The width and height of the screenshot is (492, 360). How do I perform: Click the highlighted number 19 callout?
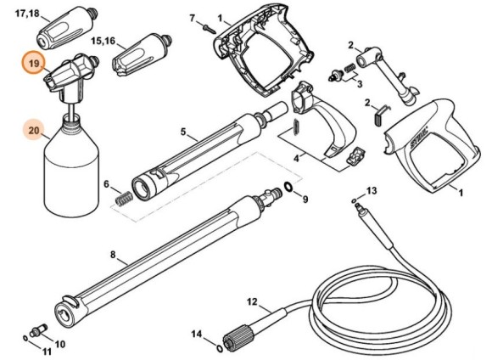pyautogui.click(x=34, y=65)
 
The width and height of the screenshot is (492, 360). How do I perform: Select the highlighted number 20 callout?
pyautogui.click(x=34, y=131)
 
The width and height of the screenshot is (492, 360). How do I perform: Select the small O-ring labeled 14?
pyautogui.click(x=220, y=346)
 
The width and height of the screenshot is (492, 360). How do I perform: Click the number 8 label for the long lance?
pyautogui.click(x=113, y=254)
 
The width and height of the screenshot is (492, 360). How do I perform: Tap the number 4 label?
pyautogui.click(x=295, y=157)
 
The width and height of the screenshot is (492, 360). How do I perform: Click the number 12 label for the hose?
pyautogui.click(x=252, y=301)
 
